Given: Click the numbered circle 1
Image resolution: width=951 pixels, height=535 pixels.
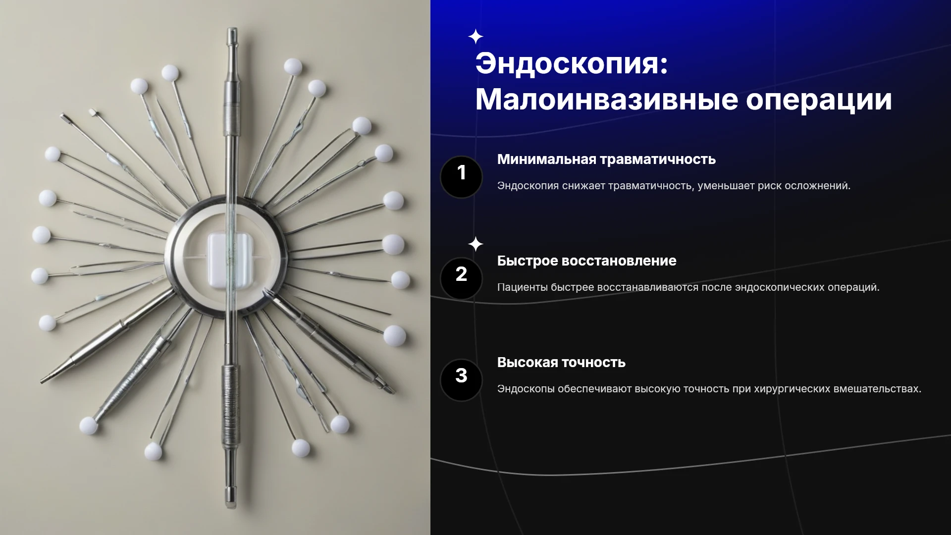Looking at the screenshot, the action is (461, 177).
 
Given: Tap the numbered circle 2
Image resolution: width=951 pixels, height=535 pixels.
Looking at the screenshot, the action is (461, 278).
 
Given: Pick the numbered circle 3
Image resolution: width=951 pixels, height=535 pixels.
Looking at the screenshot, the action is (461, 380).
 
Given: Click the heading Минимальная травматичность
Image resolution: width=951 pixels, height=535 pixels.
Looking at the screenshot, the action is (606, 160).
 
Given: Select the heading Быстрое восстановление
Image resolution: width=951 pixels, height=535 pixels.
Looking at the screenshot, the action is (586, 261).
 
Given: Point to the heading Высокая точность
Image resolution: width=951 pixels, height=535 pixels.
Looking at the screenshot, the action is (561, 363).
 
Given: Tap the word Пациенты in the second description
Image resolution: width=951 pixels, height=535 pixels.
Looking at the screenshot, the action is (522, 287).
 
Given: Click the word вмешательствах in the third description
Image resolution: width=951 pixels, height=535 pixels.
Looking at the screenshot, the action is (877, 389).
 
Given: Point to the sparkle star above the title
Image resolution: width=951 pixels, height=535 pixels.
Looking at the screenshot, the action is (476, 37).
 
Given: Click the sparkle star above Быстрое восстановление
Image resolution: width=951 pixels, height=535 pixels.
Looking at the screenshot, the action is (476, 244).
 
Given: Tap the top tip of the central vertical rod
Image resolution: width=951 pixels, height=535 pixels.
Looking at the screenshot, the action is (232, 29).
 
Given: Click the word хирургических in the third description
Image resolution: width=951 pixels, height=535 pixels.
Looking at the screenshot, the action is (792, 389).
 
